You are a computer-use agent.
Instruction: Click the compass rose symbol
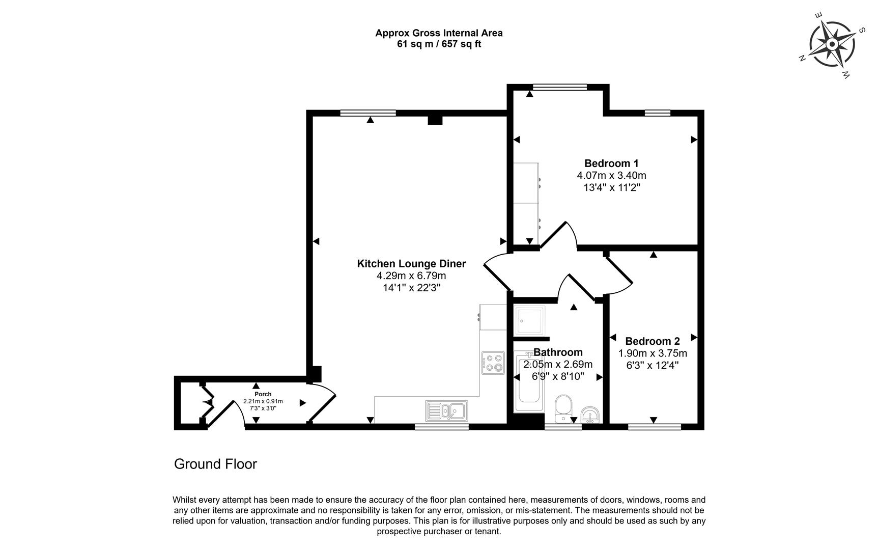[x=832, y=45]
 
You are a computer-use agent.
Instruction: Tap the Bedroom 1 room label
[x=611, y=163]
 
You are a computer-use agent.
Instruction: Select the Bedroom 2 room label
[x=653, y=341]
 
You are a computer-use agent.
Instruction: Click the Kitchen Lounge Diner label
[x=411, y=264]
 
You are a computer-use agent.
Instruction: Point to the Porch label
[x=263, y=394]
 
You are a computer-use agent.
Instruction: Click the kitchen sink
[x=447, y=410]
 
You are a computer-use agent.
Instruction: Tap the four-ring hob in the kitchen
[x=493, y=363]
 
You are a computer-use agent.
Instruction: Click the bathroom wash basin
[x=590, y=415]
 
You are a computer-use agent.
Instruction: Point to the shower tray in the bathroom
[x=529, y=320]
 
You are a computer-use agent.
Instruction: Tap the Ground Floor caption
[x=215, y=464]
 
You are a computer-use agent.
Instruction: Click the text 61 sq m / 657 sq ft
[x=439, y=44]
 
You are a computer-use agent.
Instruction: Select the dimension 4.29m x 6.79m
[x=411, y=276]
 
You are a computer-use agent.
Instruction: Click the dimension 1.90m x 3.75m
[x=653, y=353]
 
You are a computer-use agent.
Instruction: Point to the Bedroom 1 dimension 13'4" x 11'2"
[x=611, y=187]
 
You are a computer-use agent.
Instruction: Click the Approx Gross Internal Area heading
[x=439, y=33]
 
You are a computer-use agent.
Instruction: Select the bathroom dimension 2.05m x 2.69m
[x=558, y=365]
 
